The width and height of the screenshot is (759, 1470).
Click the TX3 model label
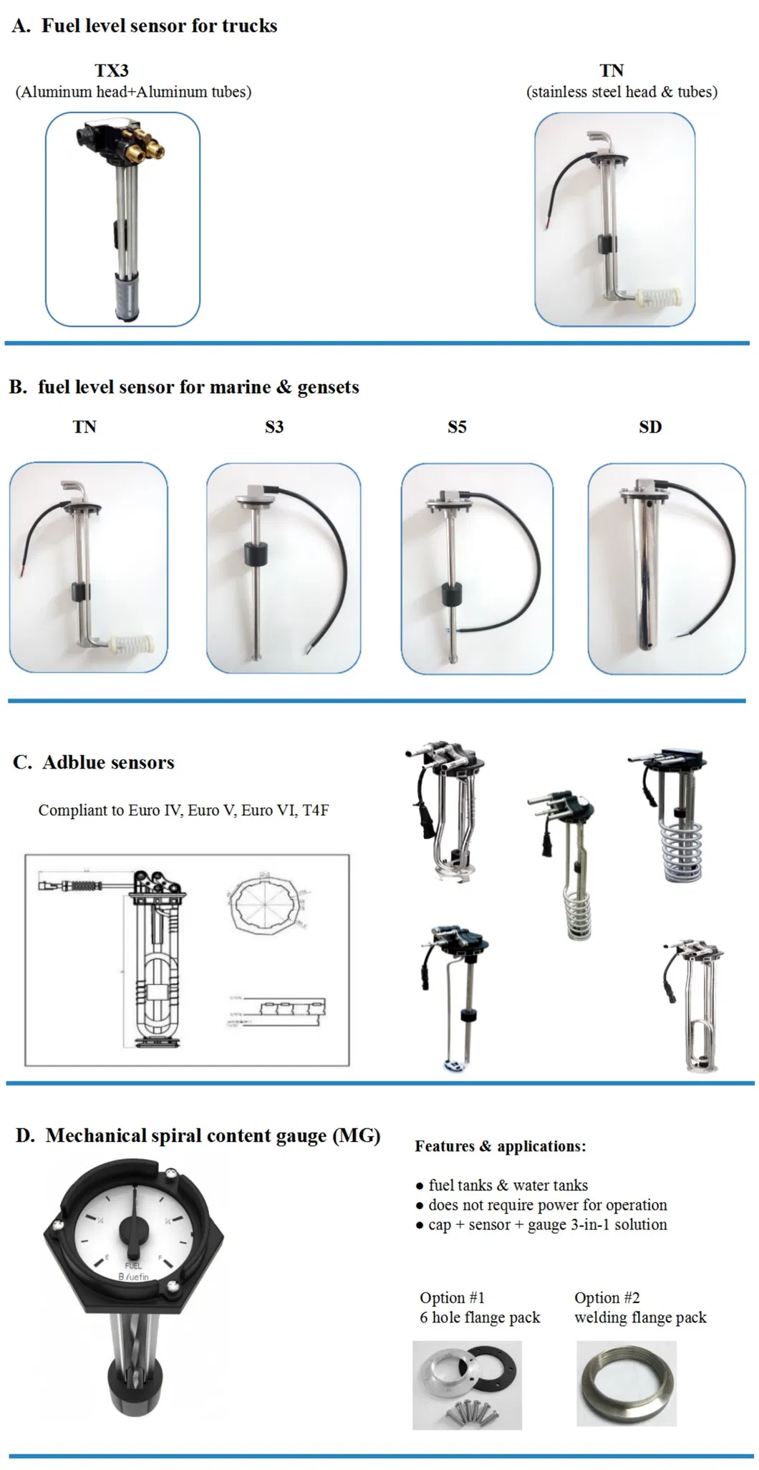click(x=112, y=70)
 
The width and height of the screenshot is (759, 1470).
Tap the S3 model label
click(x=274, y=427)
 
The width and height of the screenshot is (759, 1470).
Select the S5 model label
click(x=457, y=427)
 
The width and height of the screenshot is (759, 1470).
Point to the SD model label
click(x=650, y=427)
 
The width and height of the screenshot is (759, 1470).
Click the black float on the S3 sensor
click(x=256, y=554)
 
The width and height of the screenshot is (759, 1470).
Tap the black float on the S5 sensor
click(x=450, y=595)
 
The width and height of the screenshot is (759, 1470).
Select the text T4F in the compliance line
click(x=316, y=810)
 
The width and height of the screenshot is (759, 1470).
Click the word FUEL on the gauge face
click(x=133, y=1266)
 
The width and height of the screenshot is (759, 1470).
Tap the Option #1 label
click(x=452, y=1297)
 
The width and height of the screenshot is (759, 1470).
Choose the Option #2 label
click(x=607, y=1297)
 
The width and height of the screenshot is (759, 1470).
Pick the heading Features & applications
click(x=500, y=1146)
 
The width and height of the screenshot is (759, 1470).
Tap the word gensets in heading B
click(x=328, y=388)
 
